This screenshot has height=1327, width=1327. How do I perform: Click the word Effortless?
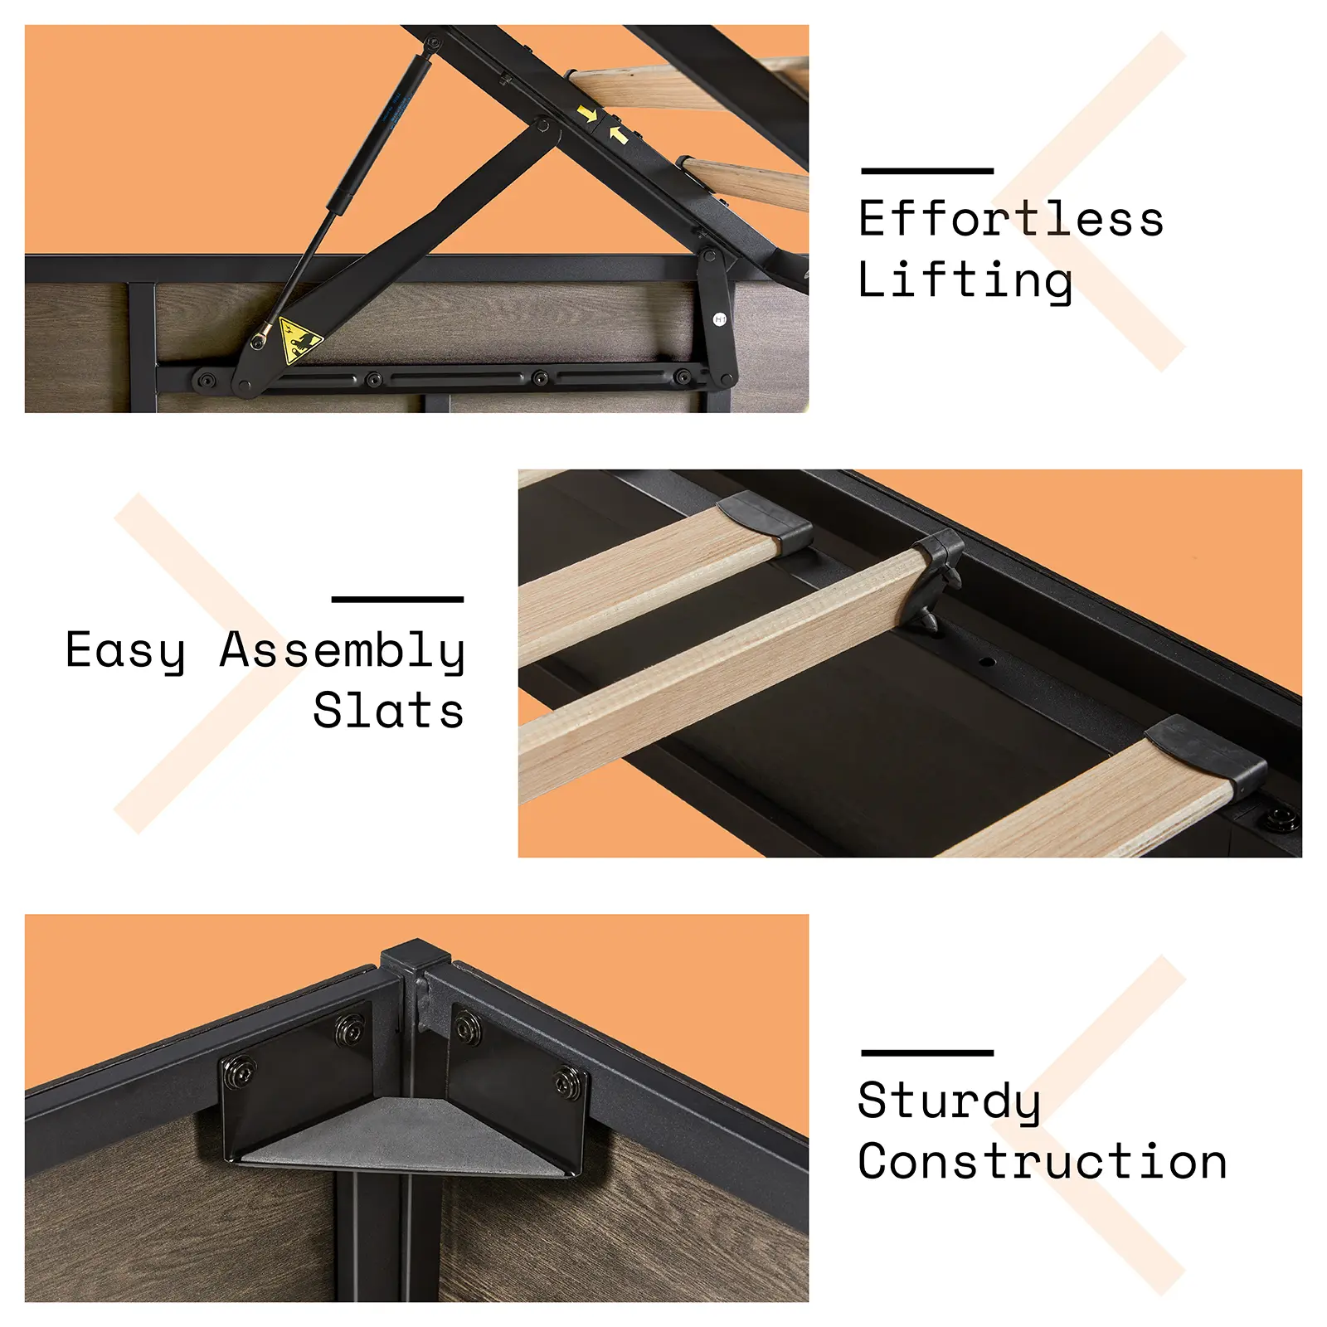point(1011,219)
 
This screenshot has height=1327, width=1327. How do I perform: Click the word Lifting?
point(965,280)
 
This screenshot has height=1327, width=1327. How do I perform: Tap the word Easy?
point(125,651)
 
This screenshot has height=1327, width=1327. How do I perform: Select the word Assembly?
point(342,651)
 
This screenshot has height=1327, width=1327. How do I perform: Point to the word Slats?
point(388,711)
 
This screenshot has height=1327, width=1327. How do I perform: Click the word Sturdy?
point(949,1101)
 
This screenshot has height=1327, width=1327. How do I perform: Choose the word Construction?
point(1043,1161)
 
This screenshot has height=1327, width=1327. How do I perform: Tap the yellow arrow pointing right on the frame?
point(588,114)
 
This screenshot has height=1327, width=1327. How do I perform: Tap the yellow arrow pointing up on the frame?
point(618,134)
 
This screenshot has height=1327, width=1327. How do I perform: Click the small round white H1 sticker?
point(720,319)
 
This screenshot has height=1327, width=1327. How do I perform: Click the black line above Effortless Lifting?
point(927,171)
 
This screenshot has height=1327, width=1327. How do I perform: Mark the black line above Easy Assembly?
point(397,599)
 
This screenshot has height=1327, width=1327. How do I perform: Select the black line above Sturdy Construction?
point(927,1052)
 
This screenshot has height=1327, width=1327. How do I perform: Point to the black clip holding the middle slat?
point(937,577)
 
